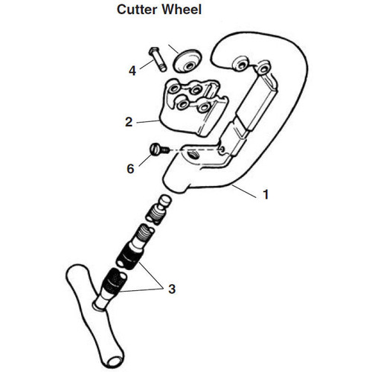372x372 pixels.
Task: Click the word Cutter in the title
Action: click(x=137, y=10)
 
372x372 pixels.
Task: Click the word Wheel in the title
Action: click(x=182, y=10)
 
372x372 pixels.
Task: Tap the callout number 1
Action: click(x=266, y=194)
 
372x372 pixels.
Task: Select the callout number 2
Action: click(x=129, y=122)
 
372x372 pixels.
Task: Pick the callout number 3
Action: click(x=172, y=289)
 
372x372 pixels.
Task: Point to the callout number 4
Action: click(x=132, y=71)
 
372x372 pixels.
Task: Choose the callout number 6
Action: click(x=130, y=169)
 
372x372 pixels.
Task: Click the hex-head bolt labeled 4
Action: click(x=158, y=59)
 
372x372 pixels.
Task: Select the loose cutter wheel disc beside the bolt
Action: click(x=187, y=61)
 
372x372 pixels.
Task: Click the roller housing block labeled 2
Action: click(x=193, y=106)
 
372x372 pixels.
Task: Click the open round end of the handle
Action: click(x=114, y=361)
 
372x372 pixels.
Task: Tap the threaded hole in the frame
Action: click(x=192, y=156)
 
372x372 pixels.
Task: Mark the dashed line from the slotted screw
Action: click(x=195, y=150)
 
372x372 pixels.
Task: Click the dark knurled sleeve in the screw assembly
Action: click(x=129, y=256)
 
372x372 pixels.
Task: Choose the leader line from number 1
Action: click(x=243, y=191)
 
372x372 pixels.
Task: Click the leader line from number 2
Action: click(x=148, y=121)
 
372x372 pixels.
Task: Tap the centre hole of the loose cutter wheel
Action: click(x=190, y=66)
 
